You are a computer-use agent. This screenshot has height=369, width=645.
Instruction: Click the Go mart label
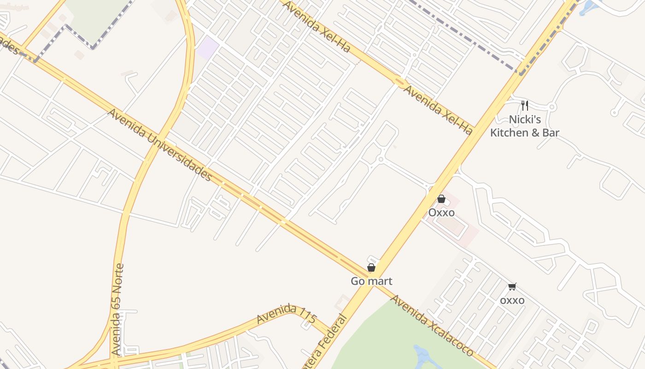pos(371,281)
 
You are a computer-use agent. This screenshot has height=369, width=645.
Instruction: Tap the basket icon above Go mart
pos(371,268)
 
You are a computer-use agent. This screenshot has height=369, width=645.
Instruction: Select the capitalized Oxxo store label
pos(441,213)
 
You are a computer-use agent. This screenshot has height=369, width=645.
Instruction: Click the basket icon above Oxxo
pos(441,199)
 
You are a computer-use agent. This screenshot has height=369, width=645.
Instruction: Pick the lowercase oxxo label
pos(512,300)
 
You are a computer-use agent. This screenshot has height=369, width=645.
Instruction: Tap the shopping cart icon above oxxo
pos(512,287)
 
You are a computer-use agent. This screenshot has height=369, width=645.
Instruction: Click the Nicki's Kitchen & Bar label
pos(525,126)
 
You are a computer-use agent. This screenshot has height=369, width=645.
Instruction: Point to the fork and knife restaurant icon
pos(524,106)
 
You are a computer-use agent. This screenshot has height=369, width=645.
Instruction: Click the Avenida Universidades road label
pos(160,145)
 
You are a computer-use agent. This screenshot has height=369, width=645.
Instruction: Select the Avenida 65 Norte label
pos(118,309)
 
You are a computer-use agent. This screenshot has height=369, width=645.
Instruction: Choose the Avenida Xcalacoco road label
pos(432,326)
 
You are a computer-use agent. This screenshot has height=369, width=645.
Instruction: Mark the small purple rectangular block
pos(208,48)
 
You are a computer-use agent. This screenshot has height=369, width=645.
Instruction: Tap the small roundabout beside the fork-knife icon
pos(552,107)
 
